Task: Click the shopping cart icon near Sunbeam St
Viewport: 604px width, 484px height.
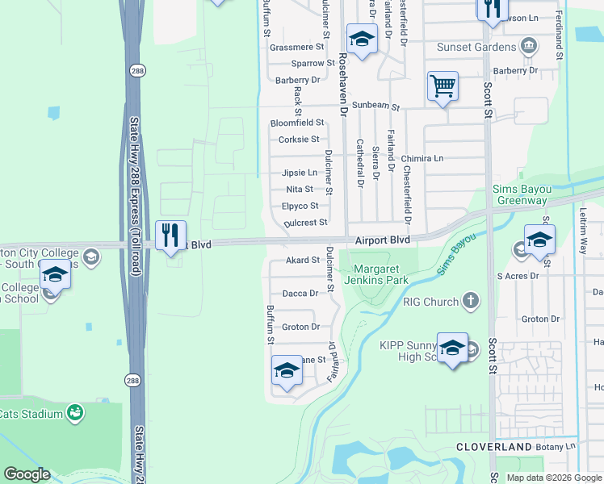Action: tap(443, 86)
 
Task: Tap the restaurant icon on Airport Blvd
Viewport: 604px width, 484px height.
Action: tap(170, 236)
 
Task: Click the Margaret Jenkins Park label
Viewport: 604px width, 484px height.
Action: tap(380, 273)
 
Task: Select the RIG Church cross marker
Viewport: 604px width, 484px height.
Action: tap(470, 302)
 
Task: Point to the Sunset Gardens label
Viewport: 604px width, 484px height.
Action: tap(476, 47)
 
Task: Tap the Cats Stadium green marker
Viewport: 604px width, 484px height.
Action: tap(75, 414)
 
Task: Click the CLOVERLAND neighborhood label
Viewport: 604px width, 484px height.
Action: tap(493, 446)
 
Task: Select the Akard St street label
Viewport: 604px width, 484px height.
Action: tap(303, 260)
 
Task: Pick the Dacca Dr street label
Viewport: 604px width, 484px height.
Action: tap(301, 294)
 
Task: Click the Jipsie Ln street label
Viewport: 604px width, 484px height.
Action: tap(300, 173)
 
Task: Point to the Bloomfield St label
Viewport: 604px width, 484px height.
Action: tap(296, 123)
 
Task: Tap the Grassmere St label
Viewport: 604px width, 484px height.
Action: tap(296, 48)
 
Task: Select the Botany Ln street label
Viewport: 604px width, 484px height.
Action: tap(559, 446)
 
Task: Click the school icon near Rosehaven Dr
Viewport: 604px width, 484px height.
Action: tap(362, 38)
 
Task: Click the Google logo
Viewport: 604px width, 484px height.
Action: tap(27, 474)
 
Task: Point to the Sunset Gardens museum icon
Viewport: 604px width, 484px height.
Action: tap(530, 45)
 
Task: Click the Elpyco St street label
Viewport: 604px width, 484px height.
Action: tap(300, 206)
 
